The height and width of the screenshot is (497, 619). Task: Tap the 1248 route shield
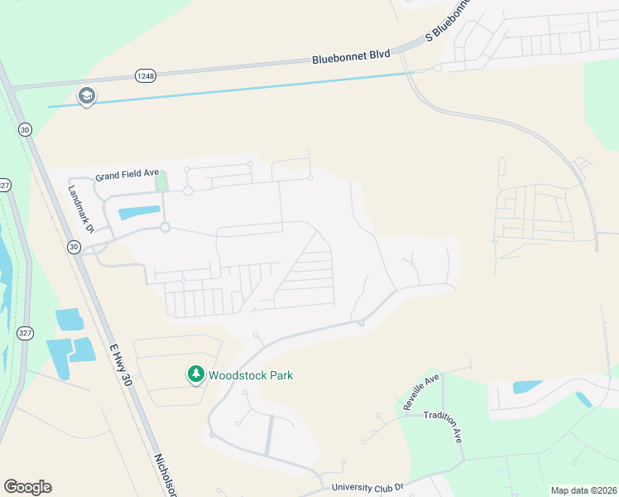coord(146,75)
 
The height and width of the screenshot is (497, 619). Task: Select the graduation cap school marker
coord(86,97)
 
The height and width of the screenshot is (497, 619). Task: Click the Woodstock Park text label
coord(250,375)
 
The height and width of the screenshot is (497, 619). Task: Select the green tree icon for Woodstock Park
coord(196,375)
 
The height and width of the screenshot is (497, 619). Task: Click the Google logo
coord(27,487)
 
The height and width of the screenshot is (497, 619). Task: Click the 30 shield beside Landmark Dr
coord(74,247)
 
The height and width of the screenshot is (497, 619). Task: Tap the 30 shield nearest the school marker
coord(25,130)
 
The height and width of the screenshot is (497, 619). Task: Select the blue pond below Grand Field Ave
coord(139,212)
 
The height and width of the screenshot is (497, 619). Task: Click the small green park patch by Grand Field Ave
coord(161,181)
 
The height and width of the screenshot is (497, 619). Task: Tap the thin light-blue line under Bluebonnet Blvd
coord(248,89)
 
